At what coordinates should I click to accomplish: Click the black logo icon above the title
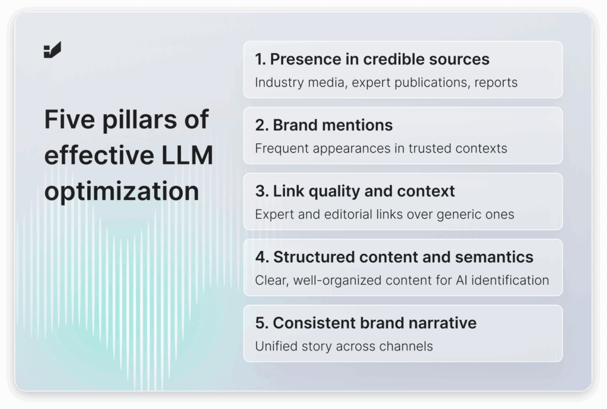click(x=52, y=50)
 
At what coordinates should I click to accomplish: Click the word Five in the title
click(x=69, y=119)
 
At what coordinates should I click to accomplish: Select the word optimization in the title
click(x=122, y=191)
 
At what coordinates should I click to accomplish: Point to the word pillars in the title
click(x=139, y=119)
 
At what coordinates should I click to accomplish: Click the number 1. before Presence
click(x=260, y=59)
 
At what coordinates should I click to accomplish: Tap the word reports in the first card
click(x=496, y=83)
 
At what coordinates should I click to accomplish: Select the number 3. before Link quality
click(x=261, y=191)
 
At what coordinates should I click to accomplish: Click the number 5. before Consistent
click(x=261, y=323)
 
